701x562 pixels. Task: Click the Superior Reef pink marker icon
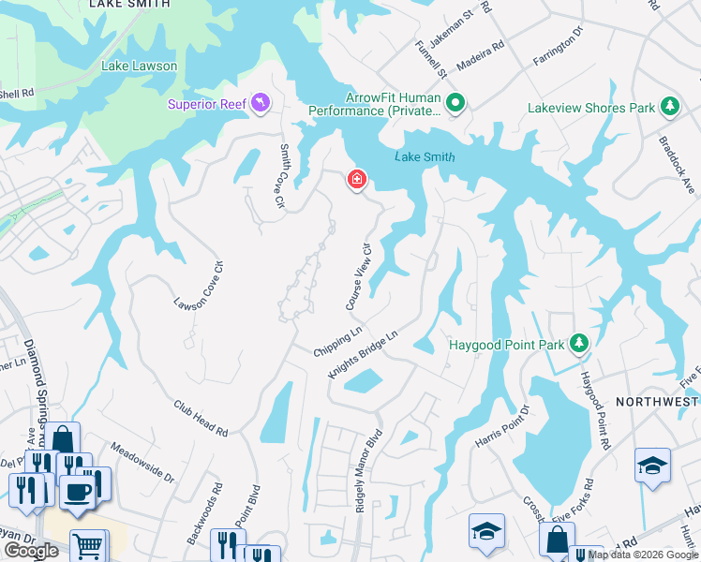[x=261, y=103]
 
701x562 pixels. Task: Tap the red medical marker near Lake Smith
[x=356, y=179]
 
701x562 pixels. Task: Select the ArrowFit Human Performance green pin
[x=455, y=103]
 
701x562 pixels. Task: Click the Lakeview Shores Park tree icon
[x=670, y=108]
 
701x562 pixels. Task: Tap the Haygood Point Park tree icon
[x=579, y=345]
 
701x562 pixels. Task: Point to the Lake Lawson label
[x=140, y=67]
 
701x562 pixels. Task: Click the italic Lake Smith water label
[x=425, y=157]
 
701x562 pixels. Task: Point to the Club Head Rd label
[x=201, y=418]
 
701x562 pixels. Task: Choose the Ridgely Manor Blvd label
[x=369, y=471]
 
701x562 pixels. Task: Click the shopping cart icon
[x=87, y=546]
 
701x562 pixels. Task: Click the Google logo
[x=32, y=551]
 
